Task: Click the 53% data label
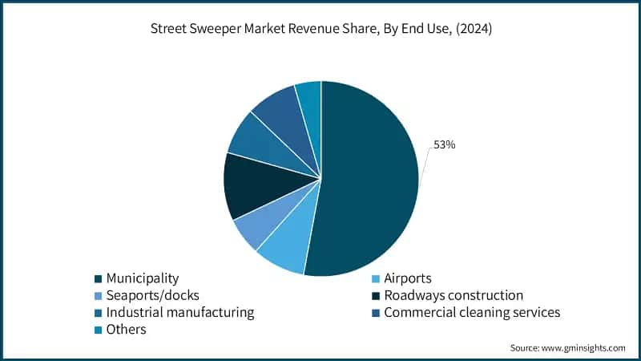coord(445,144)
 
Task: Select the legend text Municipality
coord(143,278)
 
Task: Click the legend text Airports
coord(408,278)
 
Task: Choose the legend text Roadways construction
coord(454,295)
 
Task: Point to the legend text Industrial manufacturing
coord(180,312)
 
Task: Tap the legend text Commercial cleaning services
coord(472,312)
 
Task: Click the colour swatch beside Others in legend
coord(98,330)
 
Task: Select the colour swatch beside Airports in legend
coord(376,279)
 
